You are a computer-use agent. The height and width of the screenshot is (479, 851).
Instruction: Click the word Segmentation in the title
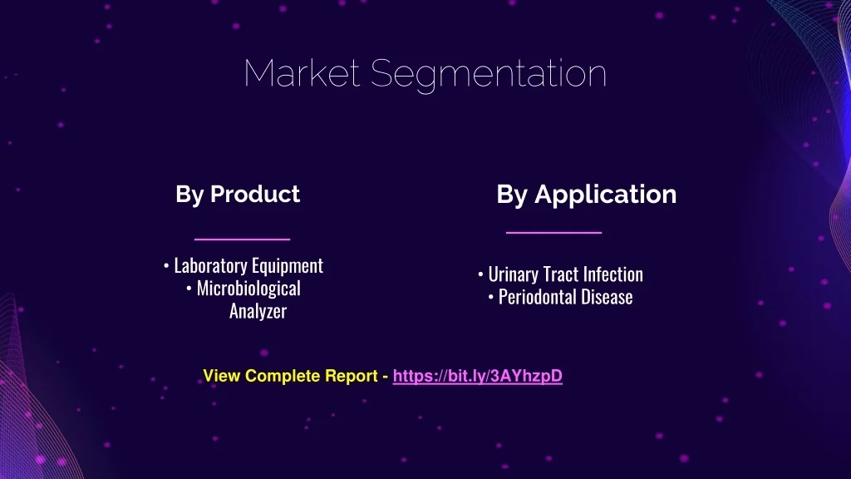(x=489, y=75)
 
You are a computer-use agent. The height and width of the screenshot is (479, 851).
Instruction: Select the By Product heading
(x=238, y=195)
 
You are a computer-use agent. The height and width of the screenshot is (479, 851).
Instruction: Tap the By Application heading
(x=586, y=195)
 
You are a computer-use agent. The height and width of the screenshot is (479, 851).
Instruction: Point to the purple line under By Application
(x=553, y=233)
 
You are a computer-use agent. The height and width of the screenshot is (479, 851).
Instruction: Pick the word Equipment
(x=287, y=266)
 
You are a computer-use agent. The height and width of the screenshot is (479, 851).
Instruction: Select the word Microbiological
(x=248, y=289)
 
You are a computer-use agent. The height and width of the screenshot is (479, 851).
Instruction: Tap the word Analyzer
(x=258, y=311)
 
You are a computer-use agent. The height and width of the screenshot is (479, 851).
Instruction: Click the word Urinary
(x=514, y=274)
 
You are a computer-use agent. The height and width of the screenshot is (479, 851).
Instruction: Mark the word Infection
(x=613, y=274)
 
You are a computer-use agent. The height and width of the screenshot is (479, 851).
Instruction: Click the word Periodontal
(x=537, y=297)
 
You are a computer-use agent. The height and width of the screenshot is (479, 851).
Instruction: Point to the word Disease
(x=607, y=297)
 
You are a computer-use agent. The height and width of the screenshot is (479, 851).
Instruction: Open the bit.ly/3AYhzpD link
(x=478, y=376)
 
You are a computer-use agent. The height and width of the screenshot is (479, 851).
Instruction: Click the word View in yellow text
(x=222, y=376)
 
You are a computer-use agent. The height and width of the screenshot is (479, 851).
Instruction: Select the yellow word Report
(x=351, y=376)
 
